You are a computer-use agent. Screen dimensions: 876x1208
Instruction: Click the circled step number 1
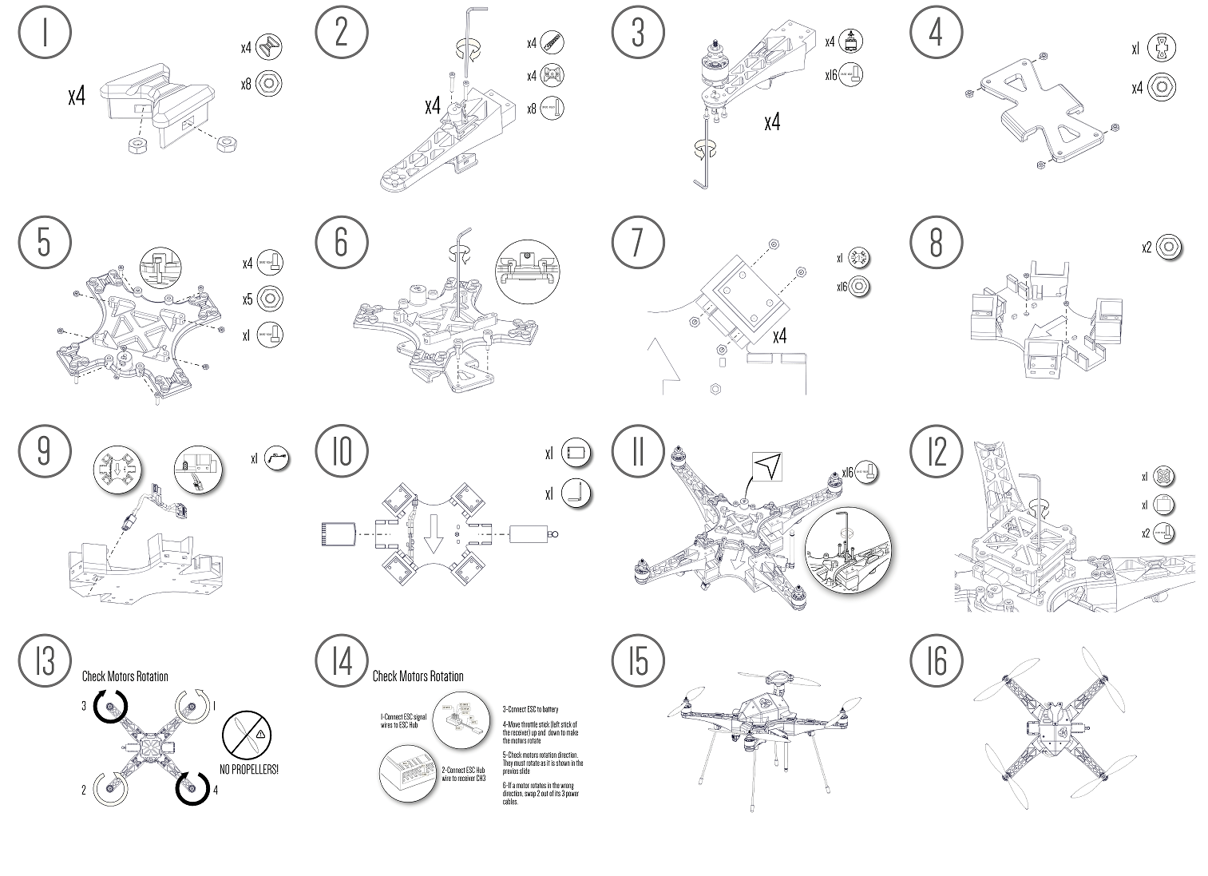point(45,33)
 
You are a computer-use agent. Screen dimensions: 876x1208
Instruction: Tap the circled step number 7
point(637,241)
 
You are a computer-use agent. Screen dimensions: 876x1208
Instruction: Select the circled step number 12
point(937,452)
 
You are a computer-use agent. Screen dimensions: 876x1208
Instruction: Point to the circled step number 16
point(937,662)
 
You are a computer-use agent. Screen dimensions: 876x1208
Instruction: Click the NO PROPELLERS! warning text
point(249,771)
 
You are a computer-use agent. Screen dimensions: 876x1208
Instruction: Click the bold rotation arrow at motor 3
point(110,706)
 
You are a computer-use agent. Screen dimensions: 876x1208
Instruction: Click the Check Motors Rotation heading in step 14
point(418,676)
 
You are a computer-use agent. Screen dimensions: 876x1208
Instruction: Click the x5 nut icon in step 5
point(270,299)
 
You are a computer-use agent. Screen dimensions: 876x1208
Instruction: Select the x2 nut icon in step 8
point(1169,247)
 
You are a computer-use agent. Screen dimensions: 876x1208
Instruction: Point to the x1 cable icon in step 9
point(276,458)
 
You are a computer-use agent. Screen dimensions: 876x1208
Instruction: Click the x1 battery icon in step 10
point(576,453)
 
